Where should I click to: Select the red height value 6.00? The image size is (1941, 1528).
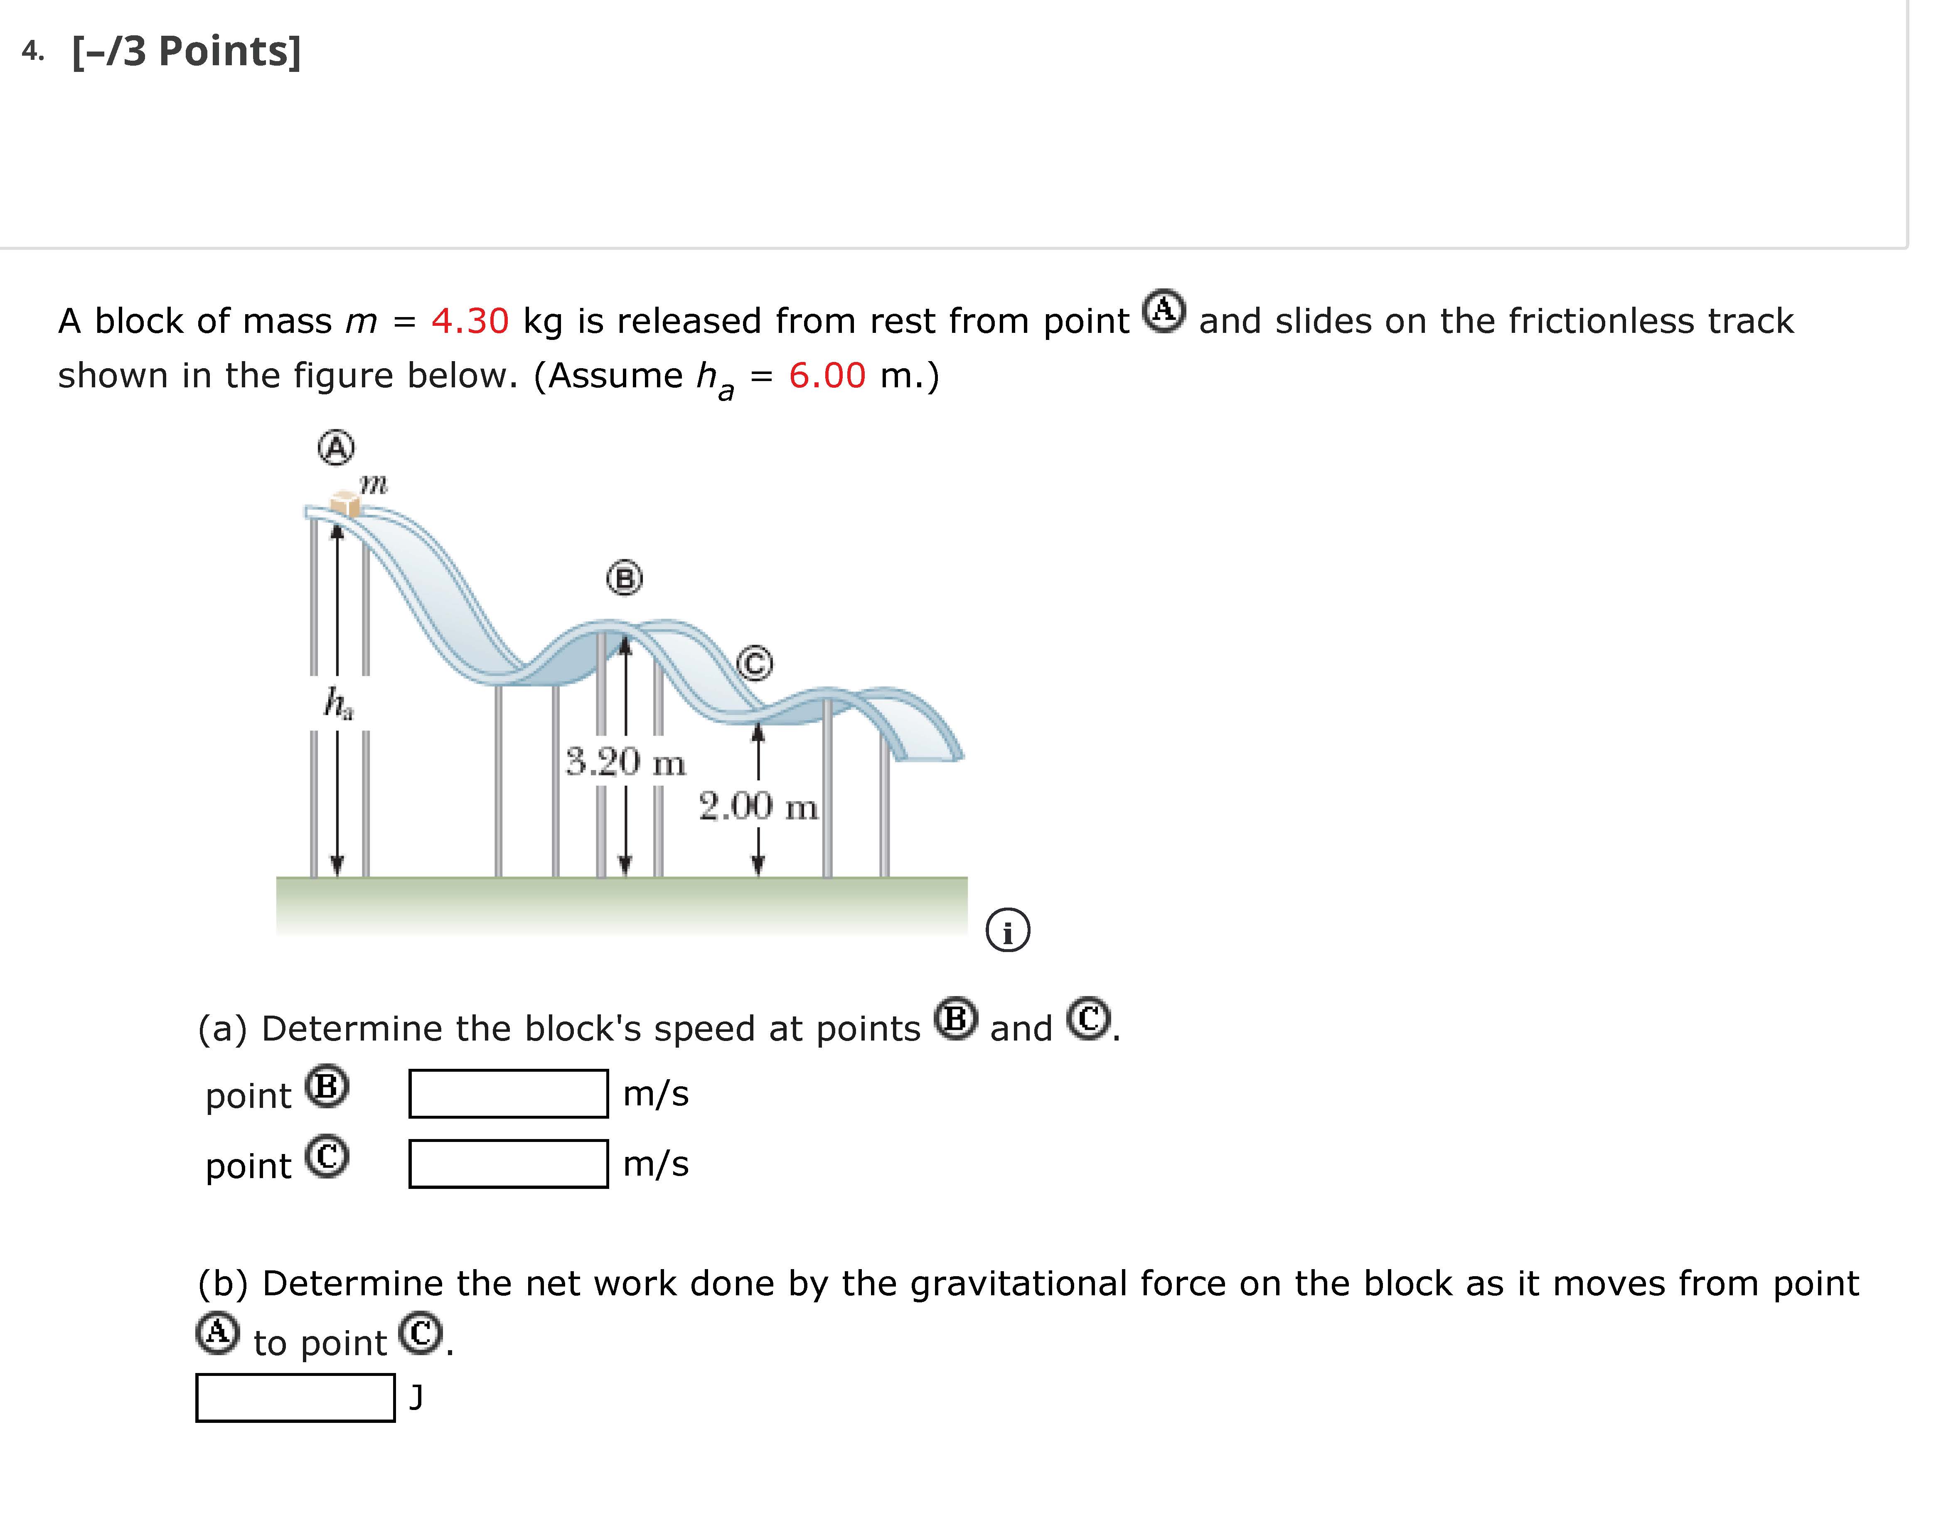click(827, 376)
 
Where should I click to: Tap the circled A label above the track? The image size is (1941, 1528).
click(336, 447)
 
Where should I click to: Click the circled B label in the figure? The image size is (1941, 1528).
click(624, 579)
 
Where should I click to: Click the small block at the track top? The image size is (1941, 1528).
click(345, 504)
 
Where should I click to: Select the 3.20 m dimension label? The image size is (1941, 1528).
click(626, 762)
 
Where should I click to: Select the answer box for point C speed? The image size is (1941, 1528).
click(508, 1164)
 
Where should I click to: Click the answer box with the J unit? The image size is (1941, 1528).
click(295, 1398)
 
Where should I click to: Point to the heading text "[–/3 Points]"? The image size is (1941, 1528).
click(186, 52)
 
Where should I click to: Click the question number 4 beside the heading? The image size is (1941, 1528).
click(31, 52)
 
